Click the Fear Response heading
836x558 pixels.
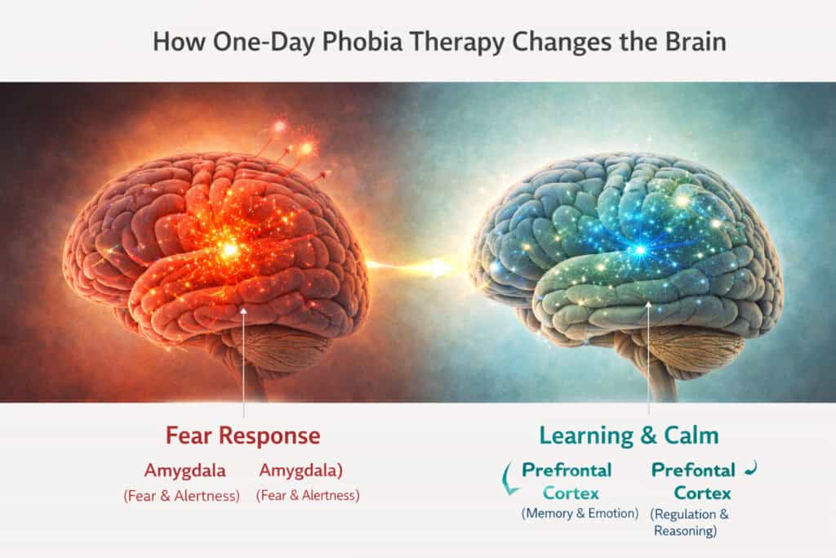[x=242, y=435]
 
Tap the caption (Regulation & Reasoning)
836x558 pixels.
[x=690, y=522]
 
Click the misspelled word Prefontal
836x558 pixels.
[x=693, y=470]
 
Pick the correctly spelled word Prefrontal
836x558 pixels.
[x=567, y=470]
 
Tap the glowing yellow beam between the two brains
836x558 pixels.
[x=416, y=266]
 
